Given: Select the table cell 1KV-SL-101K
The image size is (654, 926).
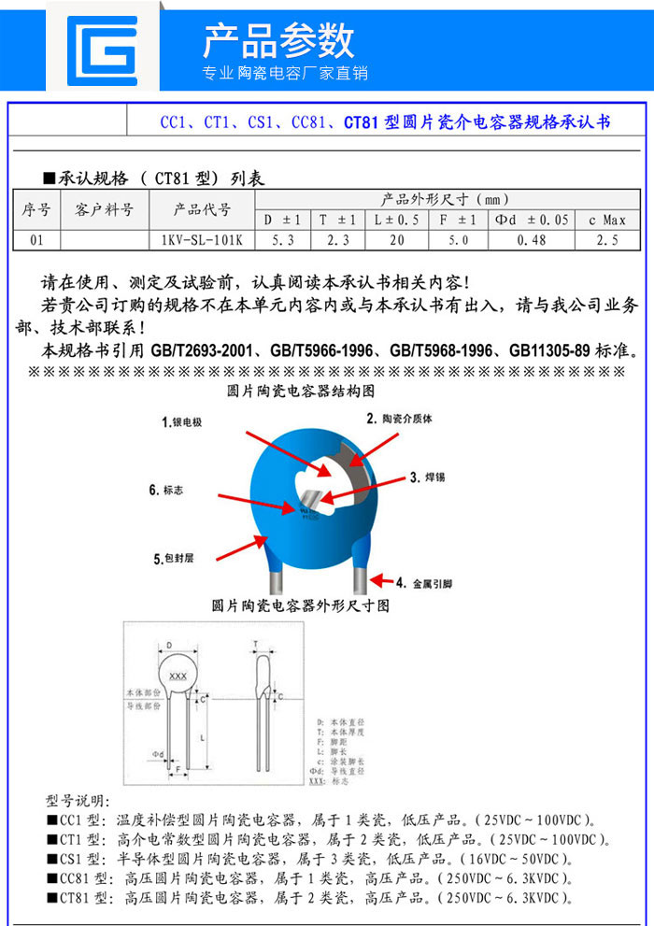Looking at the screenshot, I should pos(202,240).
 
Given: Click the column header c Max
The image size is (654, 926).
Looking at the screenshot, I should pos(606,220).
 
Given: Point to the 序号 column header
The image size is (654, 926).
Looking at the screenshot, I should pos(36,209).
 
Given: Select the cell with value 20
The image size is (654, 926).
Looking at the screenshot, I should pos(396,240).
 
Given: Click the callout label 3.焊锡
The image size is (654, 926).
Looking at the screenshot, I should pos(428,477).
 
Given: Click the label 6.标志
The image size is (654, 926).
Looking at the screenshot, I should pos(167,491).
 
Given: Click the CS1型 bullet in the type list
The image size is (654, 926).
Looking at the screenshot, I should pos(81,858).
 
